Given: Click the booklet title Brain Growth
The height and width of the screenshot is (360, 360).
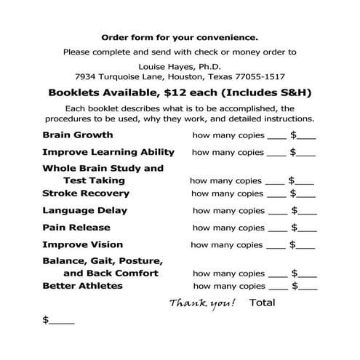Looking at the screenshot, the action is tap(78, 135).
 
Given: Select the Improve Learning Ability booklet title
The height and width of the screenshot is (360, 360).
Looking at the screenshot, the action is tap(108, 152).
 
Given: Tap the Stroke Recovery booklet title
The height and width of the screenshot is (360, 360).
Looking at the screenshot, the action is tap(86, 193).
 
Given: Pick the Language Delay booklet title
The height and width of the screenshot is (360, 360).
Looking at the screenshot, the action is tap(86, 210).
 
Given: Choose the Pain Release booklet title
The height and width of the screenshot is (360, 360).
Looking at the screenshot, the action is tap(76, 228).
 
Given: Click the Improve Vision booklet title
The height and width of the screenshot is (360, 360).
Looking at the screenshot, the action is tap(82, 245).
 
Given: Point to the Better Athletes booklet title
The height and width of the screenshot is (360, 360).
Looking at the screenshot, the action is tap(82, 286).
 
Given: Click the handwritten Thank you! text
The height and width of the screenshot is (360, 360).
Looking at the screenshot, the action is tap(202, 303).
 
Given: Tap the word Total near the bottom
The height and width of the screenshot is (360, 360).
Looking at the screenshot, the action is tap(262, 302).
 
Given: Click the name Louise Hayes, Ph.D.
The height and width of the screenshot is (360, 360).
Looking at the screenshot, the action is tap(180, 65).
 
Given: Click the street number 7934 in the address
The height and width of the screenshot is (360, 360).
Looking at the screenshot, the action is tap(87, 76).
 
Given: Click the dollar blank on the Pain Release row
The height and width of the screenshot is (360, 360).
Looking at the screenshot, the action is tap(306, 228).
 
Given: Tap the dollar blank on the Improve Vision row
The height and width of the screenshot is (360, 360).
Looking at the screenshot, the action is tap(306, 246).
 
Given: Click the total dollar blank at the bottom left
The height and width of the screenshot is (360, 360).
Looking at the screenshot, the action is tap(60, 320).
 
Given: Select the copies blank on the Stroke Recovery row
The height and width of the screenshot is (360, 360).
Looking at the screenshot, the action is tap(276, 195).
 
